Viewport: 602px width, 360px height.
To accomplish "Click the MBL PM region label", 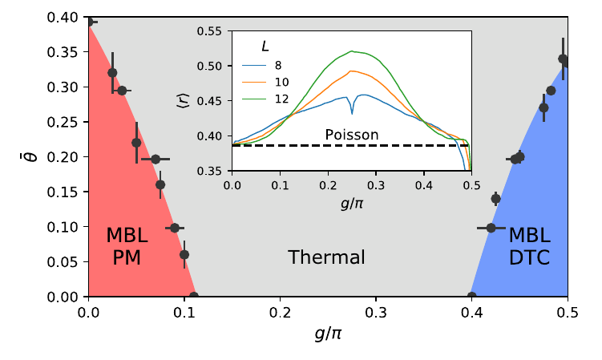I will click(x=127, y=246).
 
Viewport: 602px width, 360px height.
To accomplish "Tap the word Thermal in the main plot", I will click(x=326, y=257).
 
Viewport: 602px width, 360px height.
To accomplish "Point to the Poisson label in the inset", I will click(x=352, y=135).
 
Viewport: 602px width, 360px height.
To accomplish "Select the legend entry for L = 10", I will click(x=281, y=82).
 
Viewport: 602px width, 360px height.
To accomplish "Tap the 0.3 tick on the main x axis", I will click(x=376, y=311).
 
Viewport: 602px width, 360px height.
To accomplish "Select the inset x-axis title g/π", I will click(x=351, y=202).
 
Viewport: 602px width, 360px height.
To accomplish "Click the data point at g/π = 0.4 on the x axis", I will click(x=472, y=297).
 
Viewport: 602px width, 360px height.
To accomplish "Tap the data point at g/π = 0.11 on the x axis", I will click(x=194, y=297).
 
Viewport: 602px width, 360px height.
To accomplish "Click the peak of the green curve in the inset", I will click(x=351, y=51).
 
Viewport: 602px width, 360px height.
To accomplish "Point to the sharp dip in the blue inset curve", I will click(x=352, y=114).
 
